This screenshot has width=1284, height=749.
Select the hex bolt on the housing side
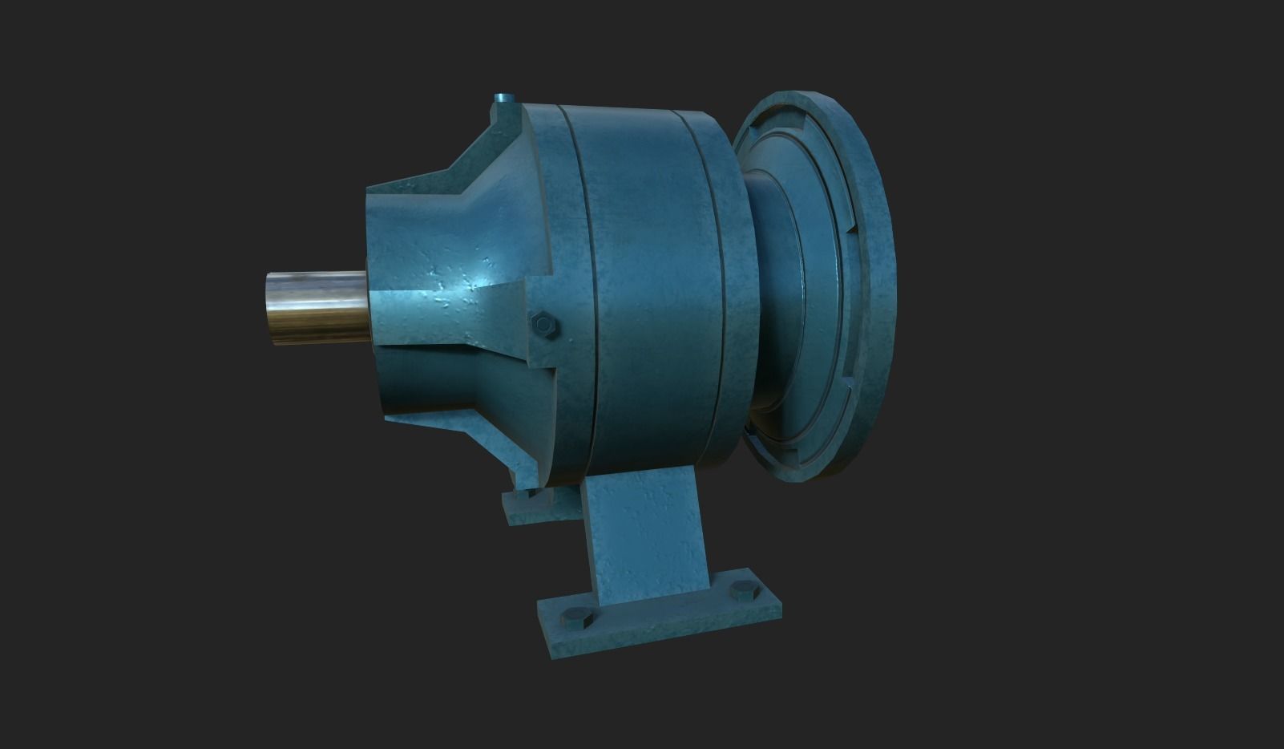tap(543, 324)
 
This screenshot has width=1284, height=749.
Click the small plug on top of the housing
tap(504, 100)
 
